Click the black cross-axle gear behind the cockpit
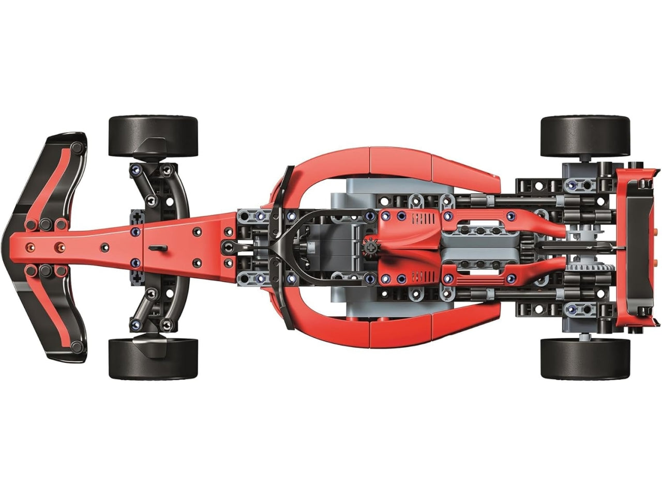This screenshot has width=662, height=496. click(x=371, y=249)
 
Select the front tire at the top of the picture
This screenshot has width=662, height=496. click(x=153, y=136)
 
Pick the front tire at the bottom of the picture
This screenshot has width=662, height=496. click(x=153, y=359)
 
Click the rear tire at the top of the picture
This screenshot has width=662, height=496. click(x=585, y=136)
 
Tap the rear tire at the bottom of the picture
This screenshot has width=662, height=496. click(x=585, y=359)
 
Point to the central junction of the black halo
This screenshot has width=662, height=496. click(x=278, y=247)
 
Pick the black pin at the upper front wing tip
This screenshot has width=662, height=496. click(x=77, y=148)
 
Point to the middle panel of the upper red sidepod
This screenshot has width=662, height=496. click(x=401, y=161)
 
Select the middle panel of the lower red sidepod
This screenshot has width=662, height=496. click(x=401, y=334)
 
